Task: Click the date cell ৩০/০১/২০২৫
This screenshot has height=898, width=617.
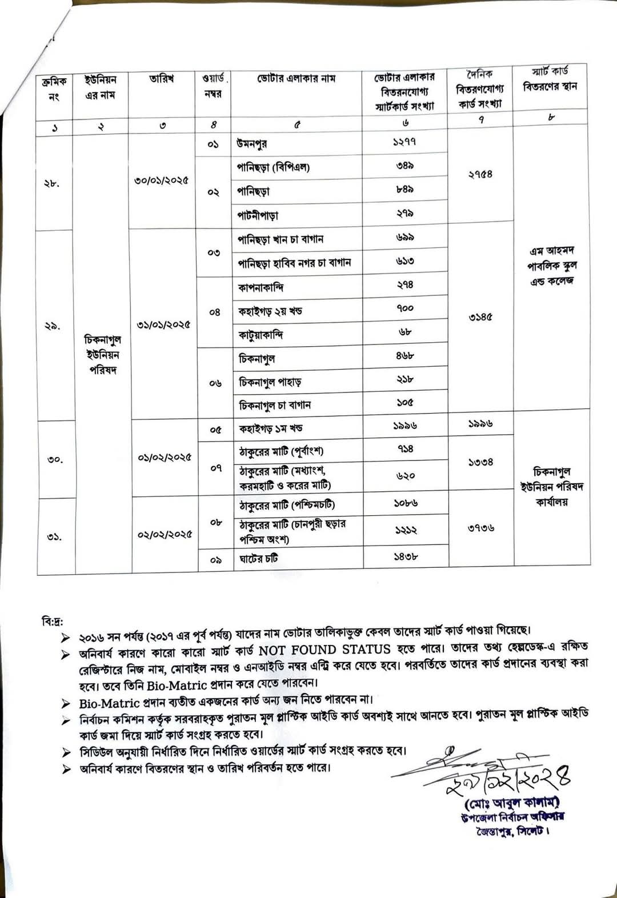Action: coord(162,181)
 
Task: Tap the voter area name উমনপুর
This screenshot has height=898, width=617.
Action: coord(252,143)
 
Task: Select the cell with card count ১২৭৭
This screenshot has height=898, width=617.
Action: coord(404,141)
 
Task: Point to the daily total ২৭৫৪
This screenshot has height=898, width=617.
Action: coord(480,174)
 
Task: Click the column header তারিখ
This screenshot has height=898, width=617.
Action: coord(162,79)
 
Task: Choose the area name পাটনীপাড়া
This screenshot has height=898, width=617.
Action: coord(258,215)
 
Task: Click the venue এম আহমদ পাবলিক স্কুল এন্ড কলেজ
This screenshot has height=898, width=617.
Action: coord(551,266)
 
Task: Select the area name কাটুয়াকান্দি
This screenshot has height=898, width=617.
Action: coord(261,334)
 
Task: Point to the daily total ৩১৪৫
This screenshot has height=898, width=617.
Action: coord(480,317)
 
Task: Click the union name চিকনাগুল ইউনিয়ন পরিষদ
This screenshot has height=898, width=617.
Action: coord(103,355)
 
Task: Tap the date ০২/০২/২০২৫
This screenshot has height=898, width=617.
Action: coord(165,535)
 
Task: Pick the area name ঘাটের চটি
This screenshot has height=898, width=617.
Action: coord(258,558)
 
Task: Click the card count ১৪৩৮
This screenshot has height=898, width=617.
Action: coord(406,556)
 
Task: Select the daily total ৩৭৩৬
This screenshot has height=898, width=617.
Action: coord(480,528)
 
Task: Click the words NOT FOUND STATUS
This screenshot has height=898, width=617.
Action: coord(324,650)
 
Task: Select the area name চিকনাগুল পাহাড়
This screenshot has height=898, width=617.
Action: coord(270,382)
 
